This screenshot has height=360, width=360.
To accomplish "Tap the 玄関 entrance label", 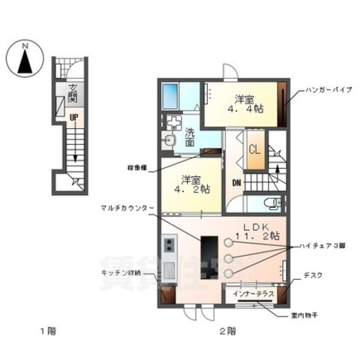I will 73,95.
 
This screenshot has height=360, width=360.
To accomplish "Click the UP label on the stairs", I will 74,118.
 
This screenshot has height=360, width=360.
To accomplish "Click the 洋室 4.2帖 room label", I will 191,185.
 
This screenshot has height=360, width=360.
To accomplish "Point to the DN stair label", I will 235,183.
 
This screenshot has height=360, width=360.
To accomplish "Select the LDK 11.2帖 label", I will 259,231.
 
